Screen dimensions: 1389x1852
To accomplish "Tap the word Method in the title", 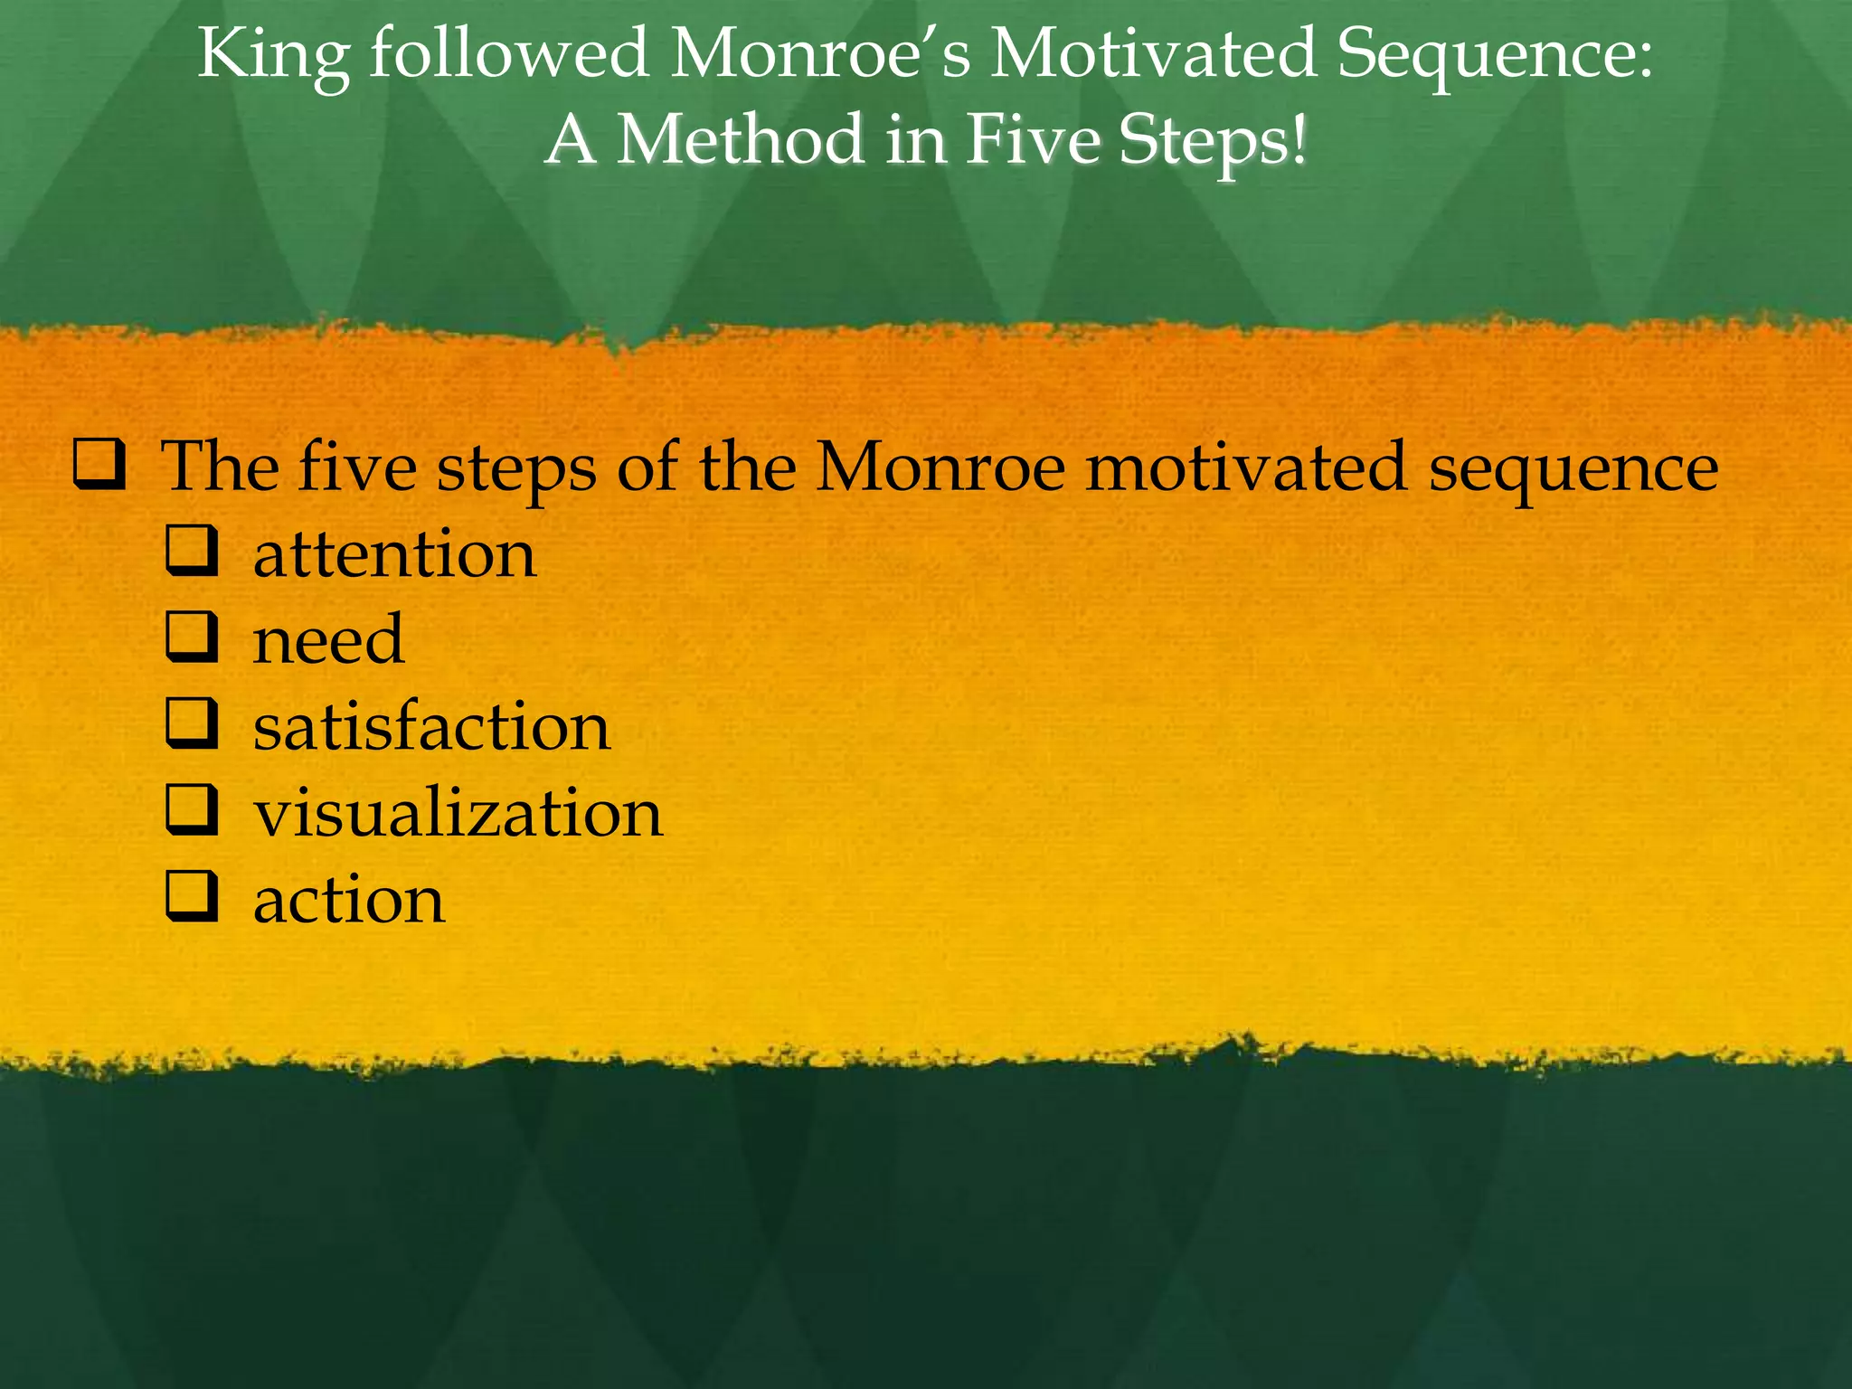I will pos(740,140).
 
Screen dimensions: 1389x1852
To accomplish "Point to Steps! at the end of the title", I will pos(1212,142).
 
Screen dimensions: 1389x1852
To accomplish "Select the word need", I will pos(328,639).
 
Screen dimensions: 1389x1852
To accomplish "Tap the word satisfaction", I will pos(431,726).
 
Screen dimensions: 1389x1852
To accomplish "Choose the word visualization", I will pos(458,812).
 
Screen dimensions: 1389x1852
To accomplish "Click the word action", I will pos(349,900).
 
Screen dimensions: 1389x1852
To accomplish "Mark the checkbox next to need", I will pos(192,638).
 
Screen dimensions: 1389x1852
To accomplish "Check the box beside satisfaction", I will pos(192,724).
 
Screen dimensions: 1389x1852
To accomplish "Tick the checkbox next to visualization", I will pos(192,810).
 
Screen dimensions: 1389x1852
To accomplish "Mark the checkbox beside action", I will pos(192,896).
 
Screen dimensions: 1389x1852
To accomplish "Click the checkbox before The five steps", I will pos(99,465).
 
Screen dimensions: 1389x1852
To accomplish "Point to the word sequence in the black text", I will pos(1573,468).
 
